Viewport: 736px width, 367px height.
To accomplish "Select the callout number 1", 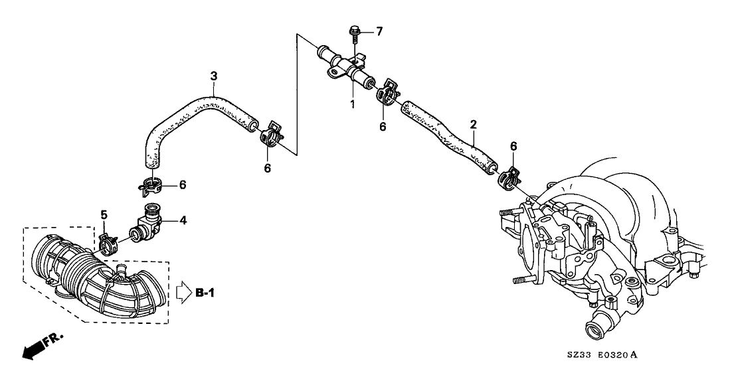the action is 352,104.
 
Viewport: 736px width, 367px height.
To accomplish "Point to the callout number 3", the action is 214,76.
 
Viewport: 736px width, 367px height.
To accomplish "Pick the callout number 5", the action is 104,214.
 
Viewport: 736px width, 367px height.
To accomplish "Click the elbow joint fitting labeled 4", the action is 146,223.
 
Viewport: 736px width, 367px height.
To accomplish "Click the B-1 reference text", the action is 205,293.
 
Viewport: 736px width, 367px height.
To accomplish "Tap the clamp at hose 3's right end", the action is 270,133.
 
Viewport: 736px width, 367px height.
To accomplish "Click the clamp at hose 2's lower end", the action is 508,177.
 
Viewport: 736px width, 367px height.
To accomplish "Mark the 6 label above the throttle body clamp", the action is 513,146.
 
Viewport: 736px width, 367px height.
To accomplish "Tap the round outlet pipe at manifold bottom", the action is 596,330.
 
